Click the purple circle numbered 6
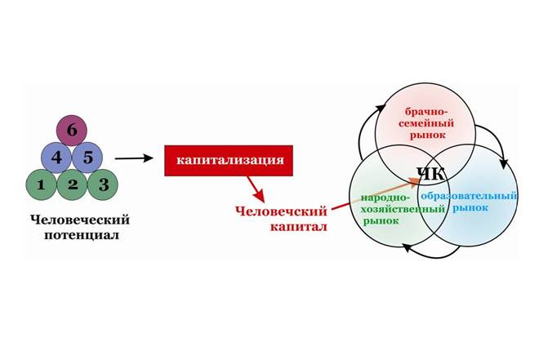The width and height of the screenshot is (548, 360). click(x=72, y=131)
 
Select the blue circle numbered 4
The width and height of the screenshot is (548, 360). click(x=56, y=157)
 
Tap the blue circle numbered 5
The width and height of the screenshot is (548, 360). click(x=87, y=157)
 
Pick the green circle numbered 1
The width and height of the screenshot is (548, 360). click(x=41, y=184)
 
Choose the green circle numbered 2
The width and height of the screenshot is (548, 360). click(x=72, y=184)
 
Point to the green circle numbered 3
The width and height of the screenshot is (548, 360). click(x=103, y=184)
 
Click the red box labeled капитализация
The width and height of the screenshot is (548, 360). click(x=229, y=161)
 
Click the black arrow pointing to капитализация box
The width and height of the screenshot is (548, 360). click(x=134, y=158)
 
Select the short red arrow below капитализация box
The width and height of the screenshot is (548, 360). click(x=256, y=189)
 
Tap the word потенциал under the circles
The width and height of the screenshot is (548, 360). click(x=81, y=235)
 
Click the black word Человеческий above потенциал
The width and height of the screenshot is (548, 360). click(x=80, y=220)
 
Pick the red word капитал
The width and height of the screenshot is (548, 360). click(x=299, y=227)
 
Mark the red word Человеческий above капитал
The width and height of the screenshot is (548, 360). click(x=281, y=211)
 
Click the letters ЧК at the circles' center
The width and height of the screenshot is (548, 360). click(x=431, y=174)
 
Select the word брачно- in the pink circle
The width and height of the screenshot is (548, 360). click(x=426, y=112)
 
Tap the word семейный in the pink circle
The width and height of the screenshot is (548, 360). click(x=426, y=123)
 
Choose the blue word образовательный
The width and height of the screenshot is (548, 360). click(x=469, y=196)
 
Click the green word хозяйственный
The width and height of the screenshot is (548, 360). click(x=403, y=209)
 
